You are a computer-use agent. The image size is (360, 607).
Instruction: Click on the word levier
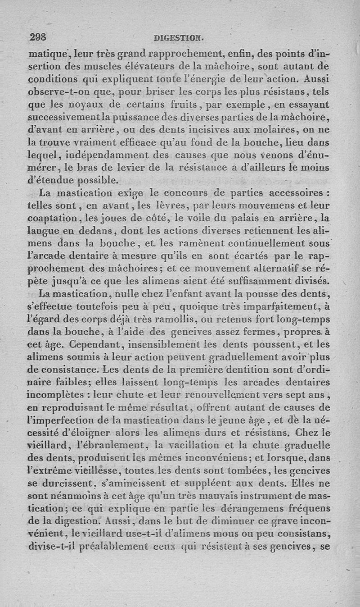tap(127, 169)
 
